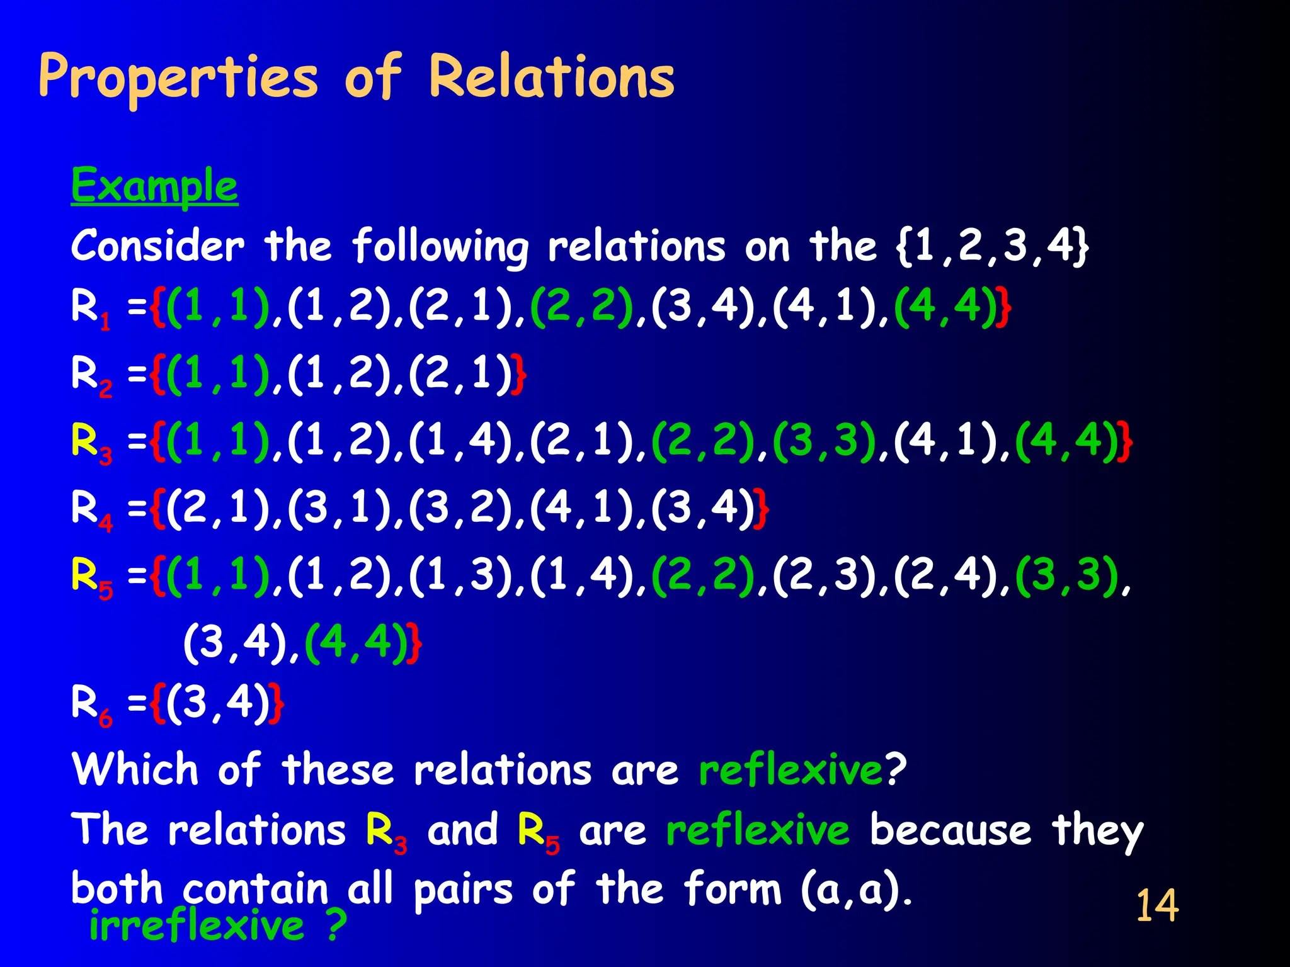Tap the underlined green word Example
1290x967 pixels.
point(154,186)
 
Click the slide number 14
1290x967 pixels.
point(1157,906)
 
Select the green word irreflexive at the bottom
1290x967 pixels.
point(197,926)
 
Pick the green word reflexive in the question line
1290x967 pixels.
point(791,769)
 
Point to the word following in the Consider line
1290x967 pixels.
point(440,247)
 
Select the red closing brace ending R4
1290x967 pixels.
point(762,509)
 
